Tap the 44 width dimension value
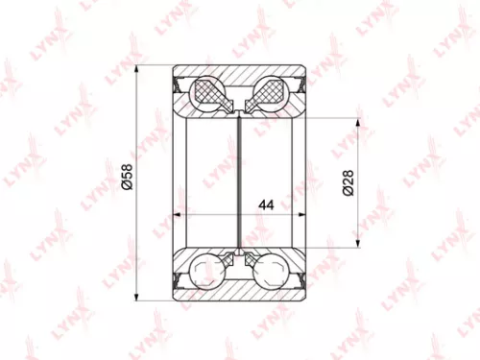point(267,204)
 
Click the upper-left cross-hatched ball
point(209,92)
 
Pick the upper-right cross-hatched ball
point(268,92)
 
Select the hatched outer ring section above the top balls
point(239,74)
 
